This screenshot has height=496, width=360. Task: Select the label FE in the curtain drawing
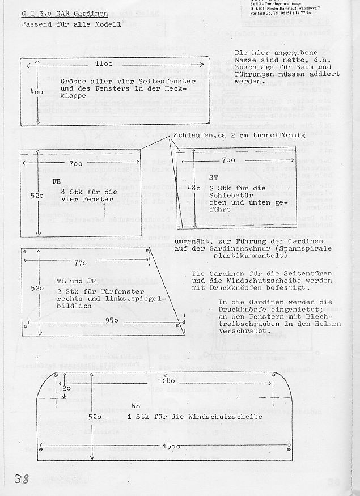pos(56,182)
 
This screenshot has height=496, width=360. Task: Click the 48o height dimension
pos(193,188)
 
